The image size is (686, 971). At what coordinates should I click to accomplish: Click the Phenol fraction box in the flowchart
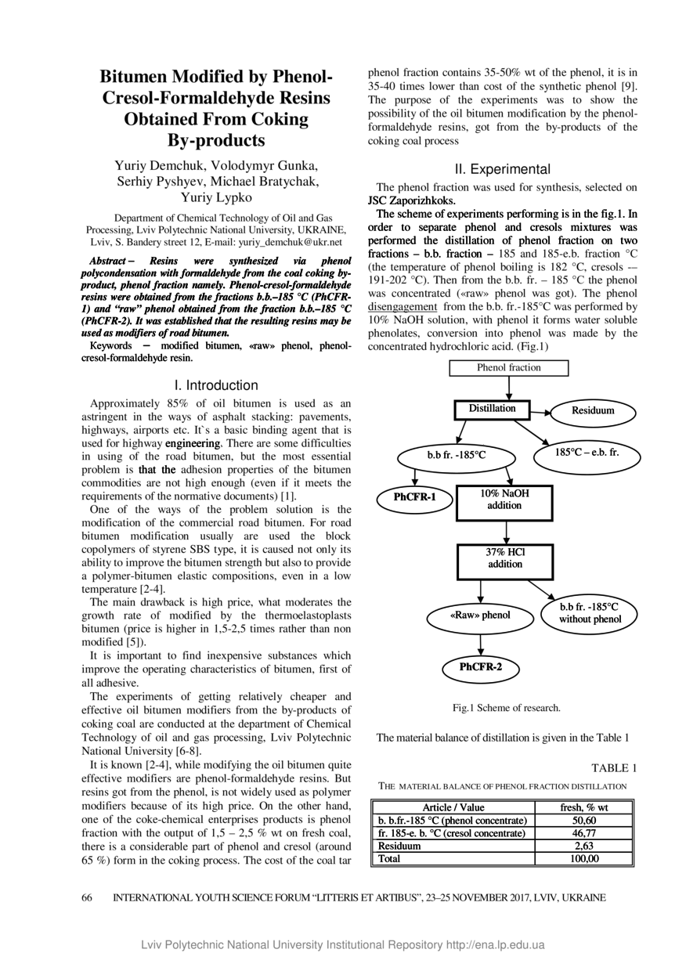pyautogui.click(x=509, y=367)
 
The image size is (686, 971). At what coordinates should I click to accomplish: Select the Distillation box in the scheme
pyautogui.click(x=493, y=409)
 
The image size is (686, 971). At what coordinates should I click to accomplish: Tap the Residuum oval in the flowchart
pyautogui.click(x=592, y=410)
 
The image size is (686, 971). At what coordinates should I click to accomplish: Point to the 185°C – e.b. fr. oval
pyautogui.click(x=587, y=453)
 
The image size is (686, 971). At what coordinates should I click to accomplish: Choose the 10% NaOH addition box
pyautogui.click(x=504, y=499)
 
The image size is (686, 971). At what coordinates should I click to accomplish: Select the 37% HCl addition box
pyautogui.click(x=504, y=558)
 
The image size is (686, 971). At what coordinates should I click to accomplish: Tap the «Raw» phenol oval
pyautogui.click(x=480, y=615)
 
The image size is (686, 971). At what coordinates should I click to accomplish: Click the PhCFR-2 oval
pyautogui.click(x=480, y=667)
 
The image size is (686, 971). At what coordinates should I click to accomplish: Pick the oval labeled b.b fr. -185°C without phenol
pyautogui.click(x=589, y=613)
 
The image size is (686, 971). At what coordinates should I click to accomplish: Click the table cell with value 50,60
pyautogui.click(x=583, y=820)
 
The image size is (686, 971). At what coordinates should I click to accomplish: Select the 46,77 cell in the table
pyautogui.click(x=583, y=833)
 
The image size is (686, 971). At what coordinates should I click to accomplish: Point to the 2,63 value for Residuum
pyautogui.click(x=583, y=846)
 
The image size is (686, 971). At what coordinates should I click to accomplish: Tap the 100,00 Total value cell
pyautogui.click(x=583, y=858)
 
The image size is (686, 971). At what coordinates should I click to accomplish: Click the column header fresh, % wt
pyautogui.click(x=583, y=807)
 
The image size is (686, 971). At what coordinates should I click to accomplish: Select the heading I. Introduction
pyautogui.click(x=216, y=385)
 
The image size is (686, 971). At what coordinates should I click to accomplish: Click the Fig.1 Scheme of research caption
pyautogui.click(x=506, y=708)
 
